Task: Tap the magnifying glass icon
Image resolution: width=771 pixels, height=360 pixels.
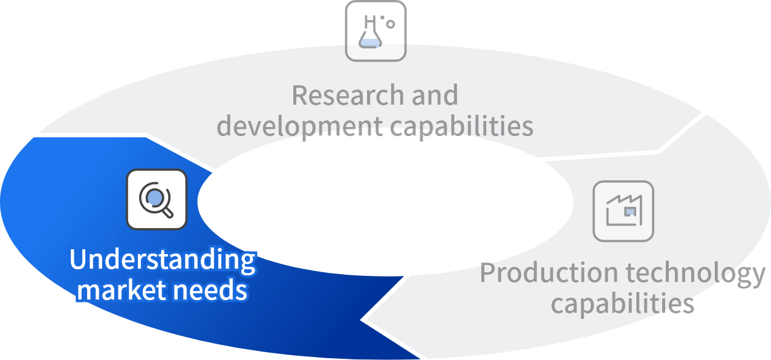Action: click(157, 199)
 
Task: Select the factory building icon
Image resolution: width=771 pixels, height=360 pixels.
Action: click(623, 211)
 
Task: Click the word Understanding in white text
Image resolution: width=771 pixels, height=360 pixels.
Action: click(162, 260)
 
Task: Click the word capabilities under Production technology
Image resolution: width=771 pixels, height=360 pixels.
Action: click(622, 303)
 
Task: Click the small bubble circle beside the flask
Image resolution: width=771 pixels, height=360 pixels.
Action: click(391, 24)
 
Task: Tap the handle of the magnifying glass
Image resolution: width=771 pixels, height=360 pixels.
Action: click(168, 211)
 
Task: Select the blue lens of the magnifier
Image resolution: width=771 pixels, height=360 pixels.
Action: click(155, 197)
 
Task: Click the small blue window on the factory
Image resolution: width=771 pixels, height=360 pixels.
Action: click(629, 211)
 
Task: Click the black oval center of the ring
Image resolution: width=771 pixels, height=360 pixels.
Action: click(385, 200)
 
